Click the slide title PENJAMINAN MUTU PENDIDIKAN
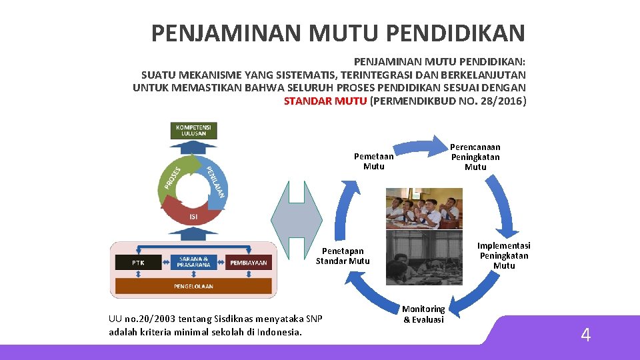point(338,33)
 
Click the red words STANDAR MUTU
point(325,101)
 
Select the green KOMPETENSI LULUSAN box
point(195,130)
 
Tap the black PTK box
point(137,263)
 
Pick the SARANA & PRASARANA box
point(193,262)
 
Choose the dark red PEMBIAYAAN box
point(249,263)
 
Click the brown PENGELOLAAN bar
point(193,286)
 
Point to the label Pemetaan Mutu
point(373,161)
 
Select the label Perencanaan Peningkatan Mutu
point(475,157)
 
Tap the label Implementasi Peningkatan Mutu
point(504,255)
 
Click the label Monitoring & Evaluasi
point(423,314)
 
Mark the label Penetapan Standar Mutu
point(343,256)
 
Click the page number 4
point(585,335)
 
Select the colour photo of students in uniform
point(423,208)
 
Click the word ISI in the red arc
point(193,217)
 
